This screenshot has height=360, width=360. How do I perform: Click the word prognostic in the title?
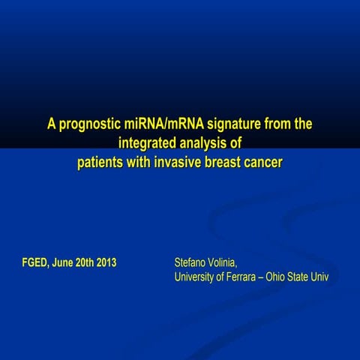89,124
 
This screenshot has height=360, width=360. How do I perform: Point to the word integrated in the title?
151,143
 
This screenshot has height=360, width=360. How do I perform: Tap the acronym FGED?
35,263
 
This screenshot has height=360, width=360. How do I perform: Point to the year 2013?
106,263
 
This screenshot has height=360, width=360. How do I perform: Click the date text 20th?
85,263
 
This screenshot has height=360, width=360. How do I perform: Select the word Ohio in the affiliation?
283,277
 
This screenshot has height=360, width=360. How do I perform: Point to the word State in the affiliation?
307,277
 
